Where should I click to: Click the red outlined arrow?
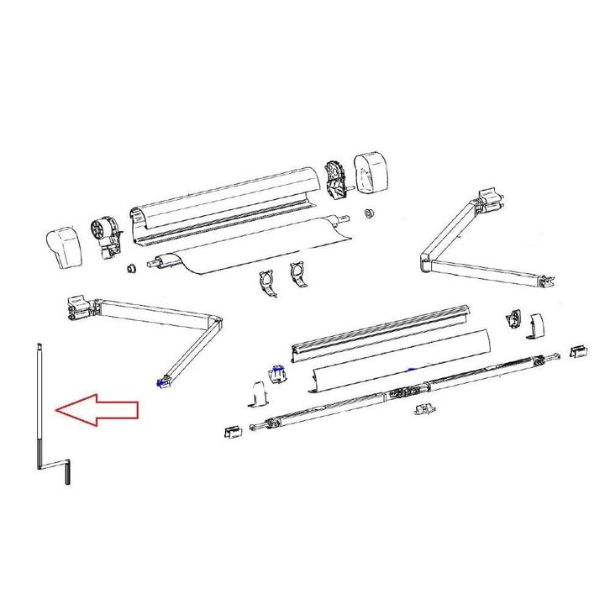point(94,410)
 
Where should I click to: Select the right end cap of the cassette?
point(370,171)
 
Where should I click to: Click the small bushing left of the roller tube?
point(131,268)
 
